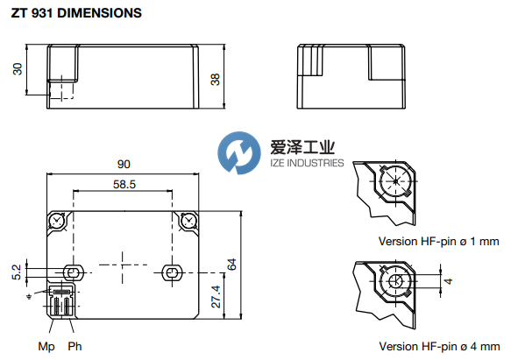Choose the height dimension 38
[216, 79]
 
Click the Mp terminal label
[46, 346]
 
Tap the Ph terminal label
[74, 346]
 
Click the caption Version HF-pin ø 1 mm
[438, 241]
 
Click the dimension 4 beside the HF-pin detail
[446, 281]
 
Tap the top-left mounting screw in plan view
[57, 219]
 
